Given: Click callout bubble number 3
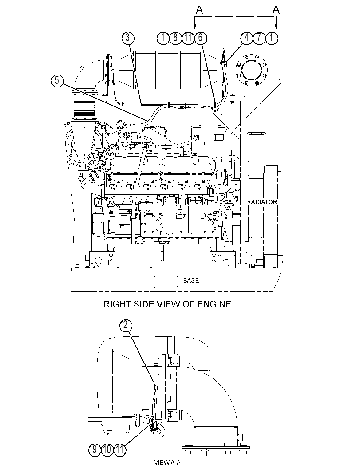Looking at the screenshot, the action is (x=128, y=38).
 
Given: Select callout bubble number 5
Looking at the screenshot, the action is (x=57, y=80).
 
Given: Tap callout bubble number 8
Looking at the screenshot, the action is (x=176, y=38).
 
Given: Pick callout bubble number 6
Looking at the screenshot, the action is (x=201, y=38).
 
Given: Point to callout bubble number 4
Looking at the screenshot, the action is (x=247, y=38).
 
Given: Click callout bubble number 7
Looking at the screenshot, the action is (x=259, y=38).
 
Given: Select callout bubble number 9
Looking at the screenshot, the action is (x=95, y=449).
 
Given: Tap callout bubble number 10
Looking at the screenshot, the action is (x=107, y=449).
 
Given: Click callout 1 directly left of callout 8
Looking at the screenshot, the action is (x=163, y=38).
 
